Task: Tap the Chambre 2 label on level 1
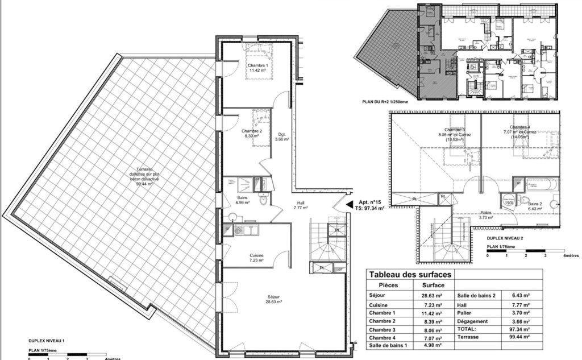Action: [252, 134]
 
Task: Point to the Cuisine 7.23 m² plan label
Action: [256, 259]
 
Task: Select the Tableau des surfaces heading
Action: [410, 275]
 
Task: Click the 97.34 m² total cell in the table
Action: [518, 328]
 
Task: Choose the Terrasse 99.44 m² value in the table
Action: [518, 337]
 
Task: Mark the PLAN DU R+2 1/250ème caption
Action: [385, 102]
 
